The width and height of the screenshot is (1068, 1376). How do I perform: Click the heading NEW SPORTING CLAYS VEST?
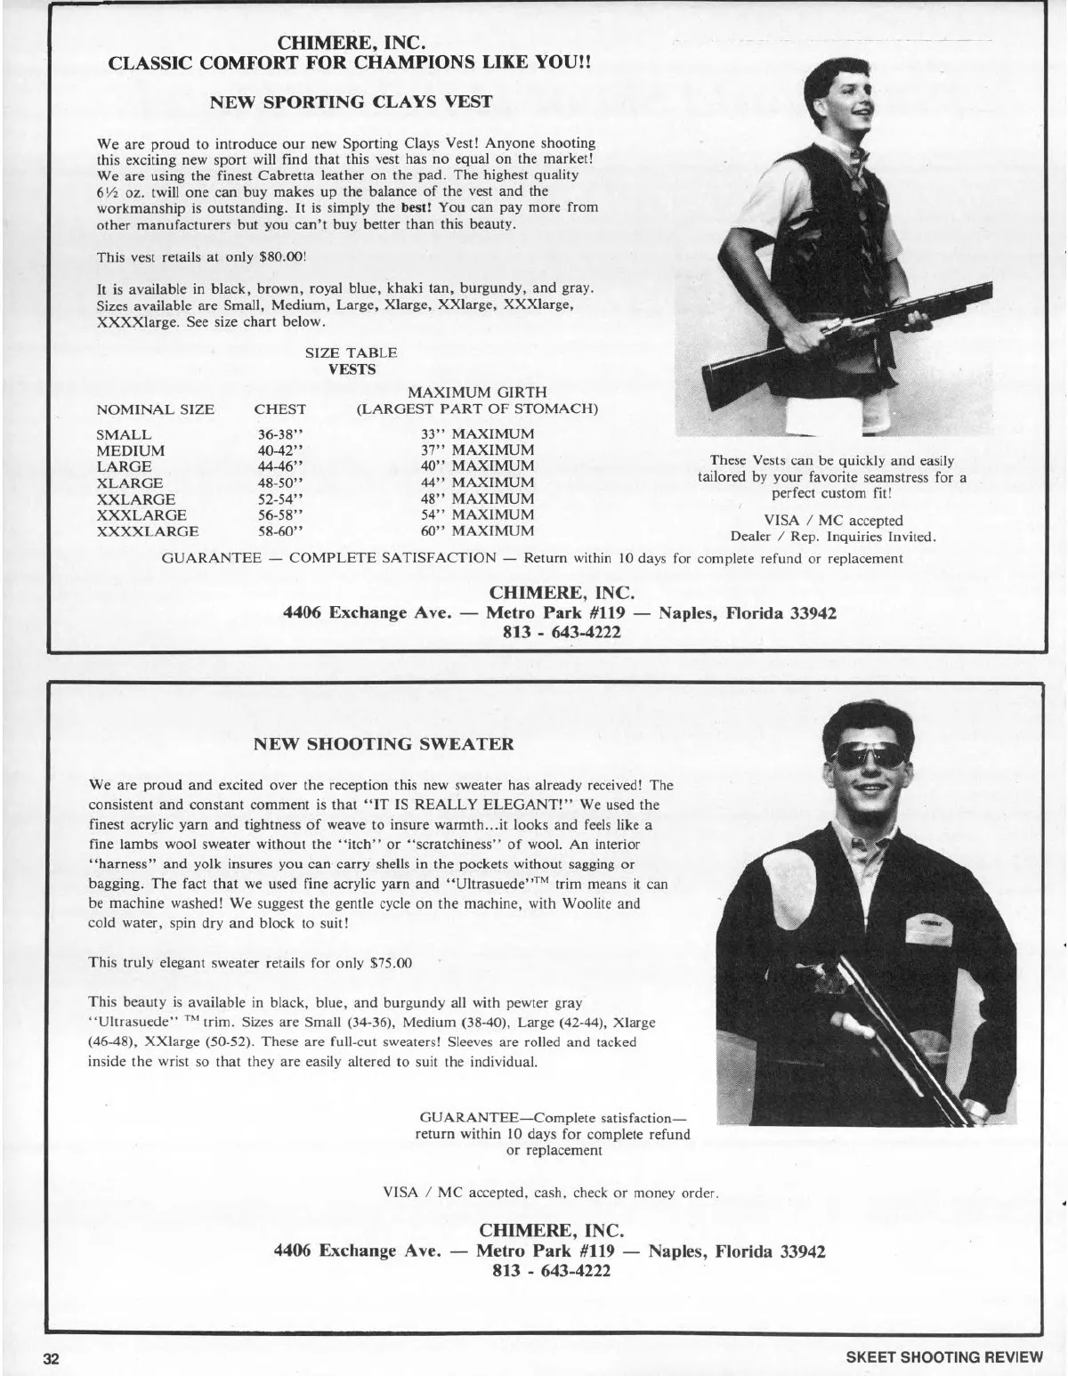tap(350, 101)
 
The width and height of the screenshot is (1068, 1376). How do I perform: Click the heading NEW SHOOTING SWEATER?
tap(384, 744)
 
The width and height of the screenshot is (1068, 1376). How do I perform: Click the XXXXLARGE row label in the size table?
tap(148, 531)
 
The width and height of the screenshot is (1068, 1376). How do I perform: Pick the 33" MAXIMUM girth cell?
tap(477, 434)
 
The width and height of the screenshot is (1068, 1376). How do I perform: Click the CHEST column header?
tap(279, 409)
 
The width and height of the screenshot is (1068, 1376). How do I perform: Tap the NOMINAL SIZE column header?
tap(155, 409)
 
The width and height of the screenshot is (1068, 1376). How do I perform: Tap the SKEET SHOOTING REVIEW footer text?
tap(943, 1357)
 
